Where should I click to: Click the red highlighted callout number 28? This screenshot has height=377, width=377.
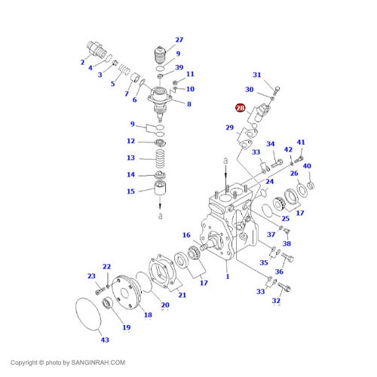[x=240, y=109]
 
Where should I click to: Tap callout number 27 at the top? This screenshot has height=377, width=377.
[x=179, y=39]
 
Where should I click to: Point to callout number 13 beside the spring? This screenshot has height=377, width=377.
[x=130, y=158]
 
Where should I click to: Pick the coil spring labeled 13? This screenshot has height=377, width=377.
[x=159, y=159]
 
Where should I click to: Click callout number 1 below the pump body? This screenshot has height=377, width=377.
[x=226, y=277]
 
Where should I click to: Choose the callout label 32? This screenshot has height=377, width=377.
[x=276, y=301]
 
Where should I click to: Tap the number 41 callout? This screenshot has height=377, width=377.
[x=301, y=143]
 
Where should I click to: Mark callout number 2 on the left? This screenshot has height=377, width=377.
[x=84, y=62]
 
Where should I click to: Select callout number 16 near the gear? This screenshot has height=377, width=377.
[x=185, y=235]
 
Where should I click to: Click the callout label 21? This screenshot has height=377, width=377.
[x=182, y=295]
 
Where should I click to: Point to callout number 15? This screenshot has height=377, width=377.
[x=130, y=192]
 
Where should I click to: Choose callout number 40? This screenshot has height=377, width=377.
[x=307, y=166]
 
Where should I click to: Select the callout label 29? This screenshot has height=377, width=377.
[x=229, y=129]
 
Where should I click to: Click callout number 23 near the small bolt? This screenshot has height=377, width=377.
[x=90, y=276]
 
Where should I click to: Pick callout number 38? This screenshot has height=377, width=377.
[x=287, y=244]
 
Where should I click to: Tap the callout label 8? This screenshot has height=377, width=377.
[x=188, y=103]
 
